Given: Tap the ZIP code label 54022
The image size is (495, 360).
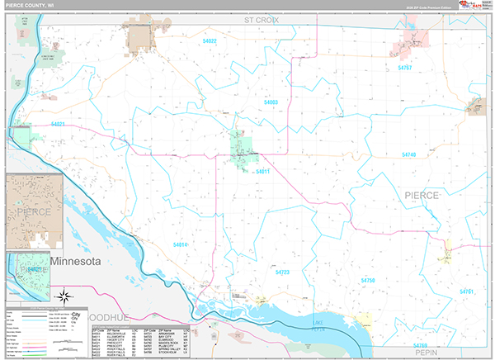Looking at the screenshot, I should [209, 40].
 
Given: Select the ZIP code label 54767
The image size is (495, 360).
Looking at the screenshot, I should [404, 68].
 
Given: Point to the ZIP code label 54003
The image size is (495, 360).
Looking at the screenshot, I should [271, 102].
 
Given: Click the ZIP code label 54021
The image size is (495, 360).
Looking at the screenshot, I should [58, 124].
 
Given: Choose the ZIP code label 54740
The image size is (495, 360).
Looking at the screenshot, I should [409, 154].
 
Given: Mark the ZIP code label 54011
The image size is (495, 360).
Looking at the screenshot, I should [263, 171].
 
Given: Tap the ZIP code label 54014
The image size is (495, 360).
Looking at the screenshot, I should [181, 244].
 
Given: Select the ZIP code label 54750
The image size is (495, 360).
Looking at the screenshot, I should [367, 282].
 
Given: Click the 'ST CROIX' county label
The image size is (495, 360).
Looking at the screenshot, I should [262, 18].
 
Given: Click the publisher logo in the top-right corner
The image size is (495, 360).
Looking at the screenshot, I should [473, 7].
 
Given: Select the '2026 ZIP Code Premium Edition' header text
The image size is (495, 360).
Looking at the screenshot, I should [429, 9].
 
